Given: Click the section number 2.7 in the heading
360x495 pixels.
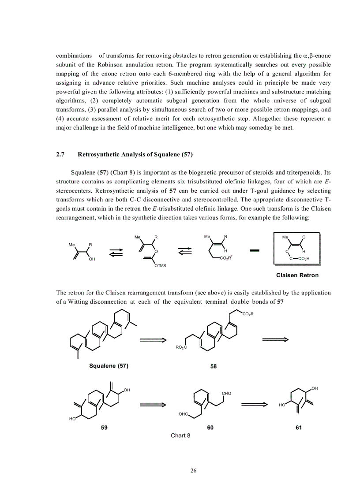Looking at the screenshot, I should pyautogui.click(x=60, y=154).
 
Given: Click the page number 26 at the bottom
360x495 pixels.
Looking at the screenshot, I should pyautogui.click(x=193, y=470).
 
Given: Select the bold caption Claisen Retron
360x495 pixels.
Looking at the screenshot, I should pyautogui.click(x=297, y=275).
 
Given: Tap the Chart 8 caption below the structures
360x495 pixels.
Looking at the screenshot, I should pyautogui.click(x=180, y=435).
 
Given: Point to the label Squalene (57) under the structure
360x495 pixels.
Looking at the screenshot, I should pyautogui.click(x=109, y=366).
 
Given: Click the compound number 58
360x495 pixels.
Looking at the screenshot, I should pyautogui.click(x=214, y=366).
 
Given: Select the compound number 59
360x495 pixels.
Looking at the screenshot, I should pyautogui.click(x=104, y=428).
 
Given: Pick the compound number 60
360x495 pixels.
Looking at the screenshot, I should pyautogui.click(x=210, y=428).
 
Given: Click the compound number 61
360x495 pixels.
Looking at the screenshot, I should pyautogui.click(x=299, y=428).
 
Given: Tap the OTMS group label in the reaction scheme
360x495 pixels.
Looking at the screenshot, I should pyautogui.click(x=160, y=265).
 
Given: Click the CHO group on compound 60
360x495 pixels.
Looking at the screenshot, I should pyautogui.click(x=226, y=393).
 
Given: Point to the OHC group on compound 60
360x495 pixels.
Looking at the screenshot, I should pyautogui.click(x=184, y=414).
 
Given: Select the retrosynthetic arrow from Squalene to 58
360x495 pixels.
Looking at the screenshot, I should pyautogui.click(x=153, y=339).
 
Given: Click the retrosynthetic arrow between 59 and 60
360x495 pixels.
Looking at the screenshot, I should pyautogui.click(x=153, y=404).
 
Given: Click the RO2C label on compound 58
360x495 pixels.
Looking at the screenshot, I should pyautogui.click(x=181, y=347).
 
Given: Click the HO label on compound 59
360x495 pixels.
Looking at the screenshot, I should pyautogui.click(x=72, y=418).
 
